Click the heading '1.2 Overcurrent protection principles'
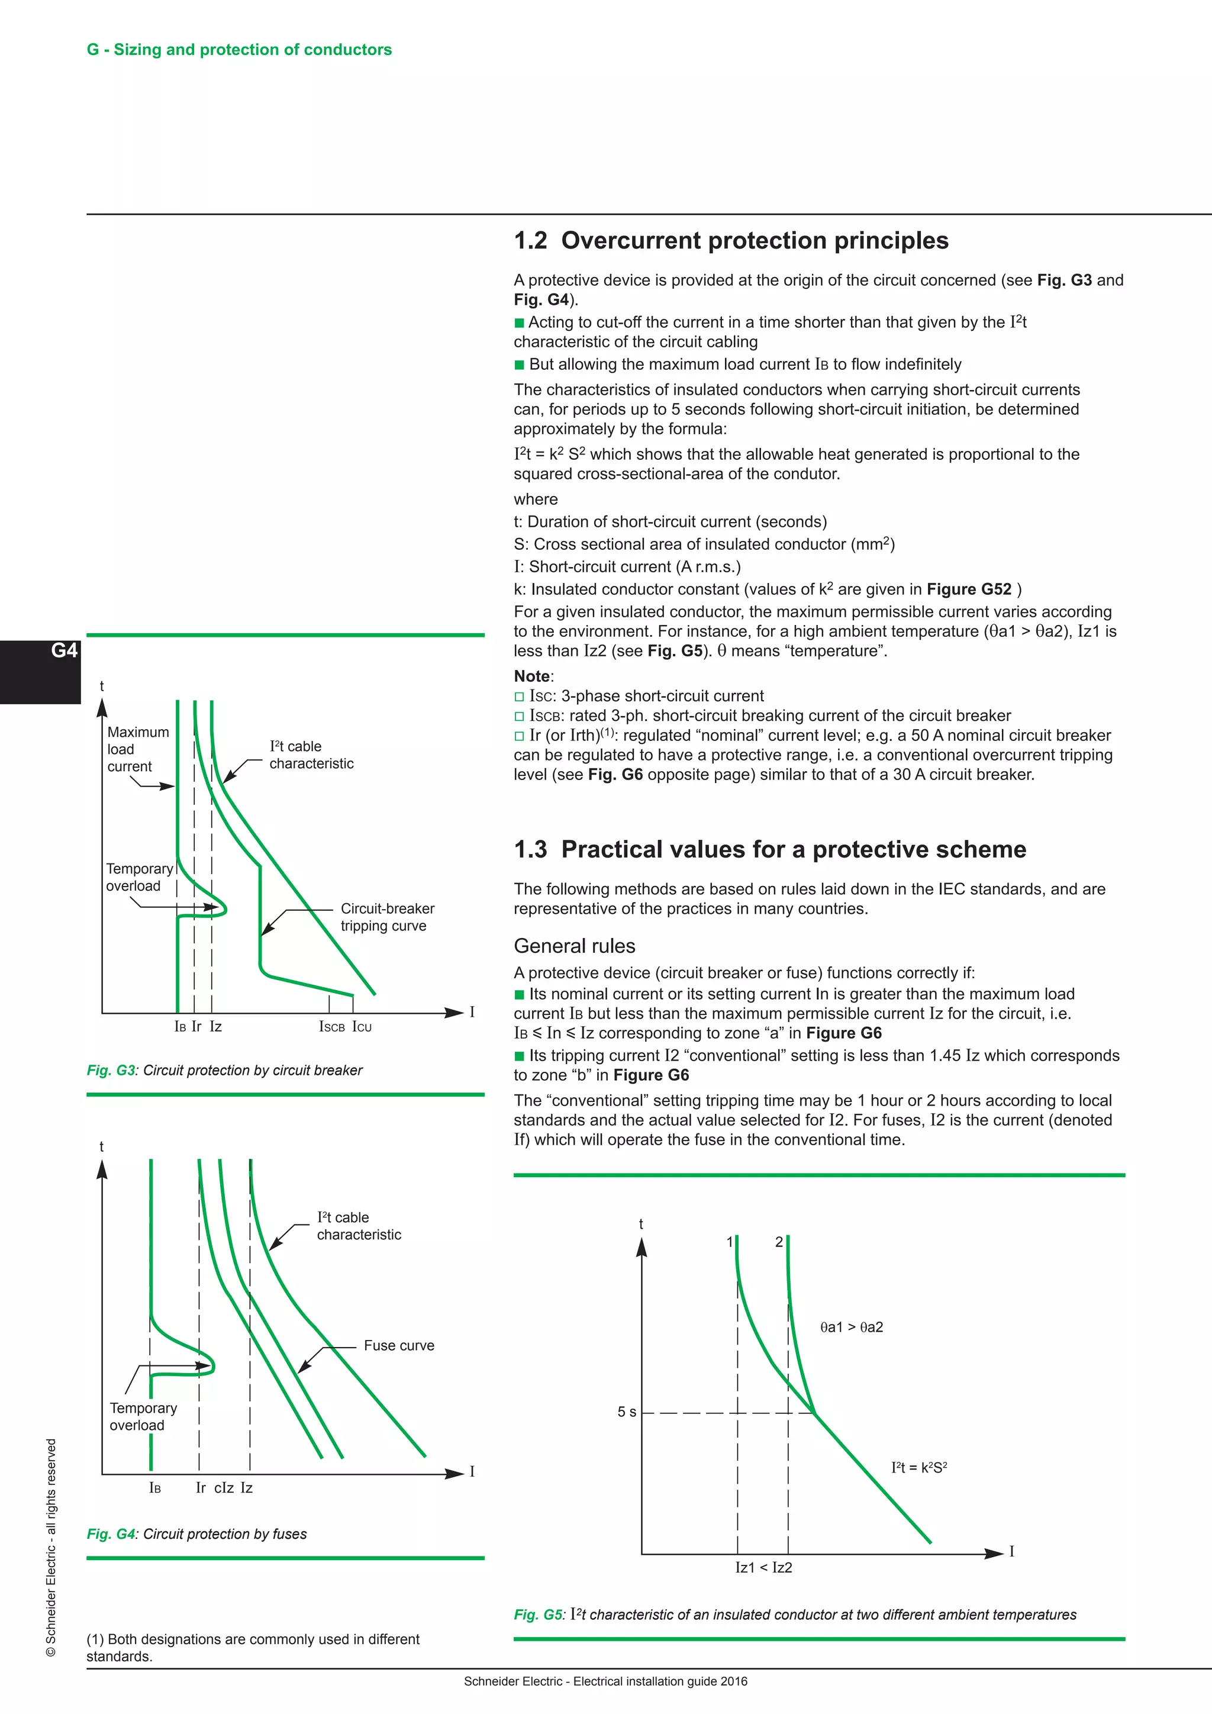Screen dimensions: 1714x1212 pos(731,240)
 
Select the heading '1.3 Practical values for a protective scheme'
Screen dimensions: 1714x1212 pos(769,849)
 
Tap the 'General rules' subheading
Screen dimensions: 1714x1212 pos(574,946)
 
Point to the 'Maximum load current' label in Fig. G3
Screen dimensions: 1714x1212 pos(138,749)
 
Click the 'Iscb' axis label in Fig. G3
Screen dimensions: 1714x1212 pos(331,1027)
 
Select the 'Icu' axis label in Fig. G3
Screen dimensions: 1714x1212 pos(362,1027)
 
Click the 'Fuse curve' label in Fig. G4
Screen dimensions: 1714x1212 pos(398,1345)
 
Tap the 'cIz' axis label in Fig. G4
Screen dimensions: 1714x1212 pos(224,1488)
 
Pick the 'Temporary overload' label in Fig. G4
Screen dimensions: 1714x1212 pos(143,1416)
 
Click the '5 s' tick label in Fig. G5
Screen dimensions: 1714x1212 pos(627,1412)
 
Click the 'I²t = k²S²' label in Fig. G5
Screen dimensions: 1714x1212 pos(918,1468)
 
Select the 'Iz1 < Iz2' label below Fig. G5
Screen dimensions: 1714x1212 pos(763,1568)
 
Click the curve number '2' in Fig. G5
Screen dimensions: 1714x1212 pos(778,1242)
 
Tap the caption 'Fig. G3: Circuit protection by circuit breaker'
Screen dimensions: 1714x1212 pos(225,1071)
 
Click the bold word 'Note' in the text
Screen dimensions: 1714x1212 pos(532,676)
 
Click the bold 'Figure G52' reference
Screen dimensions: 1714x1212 pos(969,589)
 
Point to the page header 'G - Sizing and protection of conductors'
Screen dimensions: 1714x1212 pos(239,49)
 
